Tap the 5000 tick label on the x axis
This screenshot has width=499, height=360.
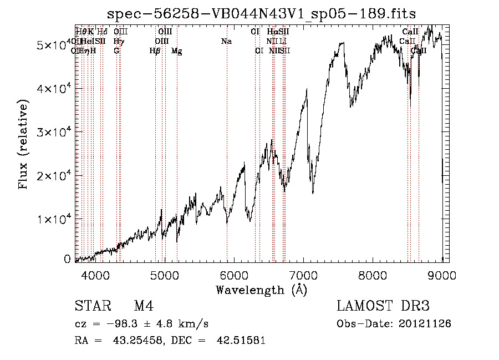165,275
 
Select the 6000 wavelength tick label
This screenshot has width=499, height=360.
235,275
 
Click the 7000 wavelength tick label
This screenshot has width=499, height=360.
304,275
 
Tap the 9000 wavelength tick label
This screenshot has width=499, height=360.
442,275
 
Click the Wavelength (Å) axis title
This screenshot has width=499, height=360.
261,290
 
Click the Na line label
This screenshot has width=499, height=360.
226,41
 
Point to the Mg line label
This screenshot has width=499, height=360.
176,51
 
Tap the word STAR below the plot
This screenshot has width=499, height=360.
91,306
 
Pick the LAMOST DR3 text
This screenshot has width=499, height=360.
383,306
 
